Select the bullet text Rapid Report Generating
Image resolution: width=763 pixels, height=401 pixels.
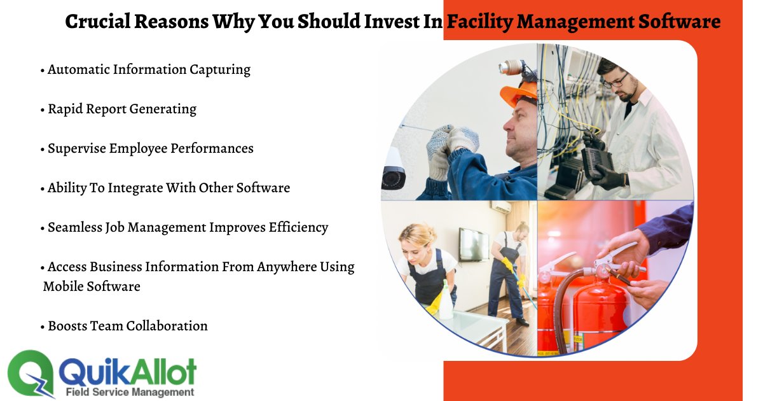point(122,109)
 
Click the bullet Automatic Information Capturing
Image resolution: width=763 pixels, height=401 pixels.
point(149,69)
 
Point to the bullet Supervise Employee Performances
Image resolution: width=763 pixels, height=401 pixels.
point(151,148)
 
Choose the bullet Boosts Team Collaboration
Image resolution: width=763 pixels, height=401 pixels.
point(128,326)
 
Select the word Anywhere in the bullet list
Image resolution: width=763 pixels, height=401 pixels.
point(284,267)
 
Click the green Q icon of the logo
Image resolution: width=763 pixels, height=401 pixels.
point(31,375)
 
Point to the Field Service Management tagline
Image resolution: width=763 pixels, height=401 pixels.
point(130,392)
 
